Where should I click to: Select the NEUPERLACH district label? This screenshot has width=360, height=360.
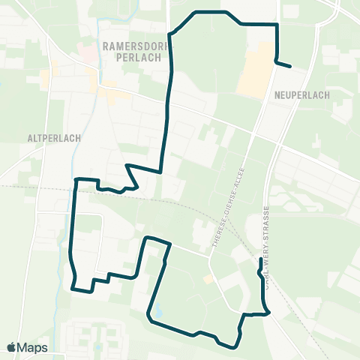point(298,95)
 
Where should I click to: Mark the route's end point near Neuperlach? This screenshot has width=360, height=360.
point(289,67)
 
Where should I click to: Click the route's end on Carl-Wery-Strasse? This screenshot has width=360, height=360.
point(260,259)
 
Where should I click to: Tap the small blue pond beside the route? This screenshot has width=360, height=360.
point(155,310)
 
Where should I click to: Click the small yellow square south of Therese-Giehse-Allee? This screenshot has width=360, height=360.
point(207,279)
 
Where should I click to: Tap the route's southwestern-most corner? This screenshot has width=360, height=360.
point(73,287)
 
